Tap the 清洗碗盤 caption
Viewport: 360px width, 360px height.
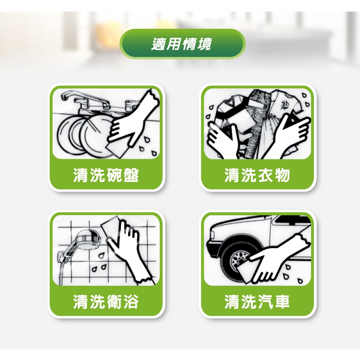coord(106,175)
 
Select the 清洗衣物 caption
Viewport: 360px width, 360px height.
coord(257,175)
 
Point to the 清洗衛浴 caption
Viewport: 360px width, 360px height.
coord(106,301)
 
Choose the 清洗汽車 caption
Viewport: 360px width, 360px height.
coord(257,301)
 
